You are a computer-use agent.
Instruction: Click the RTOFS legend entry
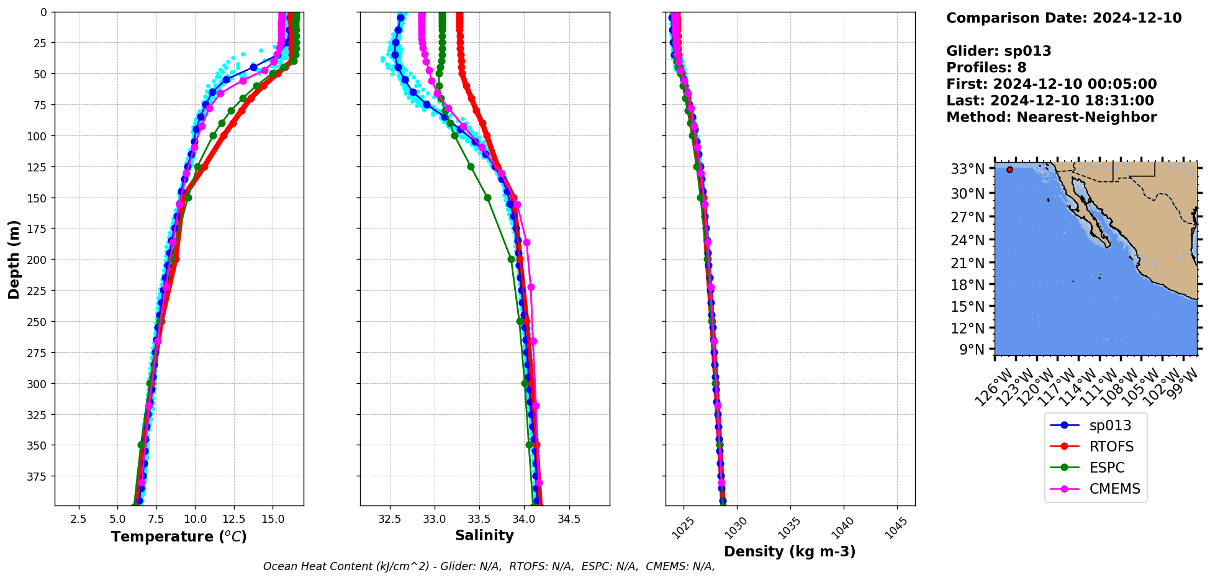coord(1111,446)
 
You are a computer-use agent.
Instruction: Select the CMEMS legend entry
coord(1114,489)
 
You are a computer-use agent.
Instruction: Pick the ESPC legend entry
coord(1106,468)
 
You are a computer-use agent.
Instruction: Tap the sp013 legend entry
coord(1110,425)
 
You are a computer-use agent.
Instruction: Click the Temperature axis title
coord(179,537)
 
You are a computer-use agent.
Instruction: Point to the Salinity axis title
coord(484,536)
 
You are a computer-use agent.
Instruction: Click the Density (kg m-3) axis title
coord(790,551)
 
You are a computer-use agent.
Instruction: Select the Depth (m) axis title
coord(14,259)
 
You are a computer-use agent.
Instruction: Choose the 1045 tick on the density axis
coord(896,528)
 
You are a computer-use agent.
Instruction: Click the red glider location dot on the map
coord(1009,170)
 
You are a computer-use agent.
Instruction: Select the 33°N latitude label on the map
coord(967,169)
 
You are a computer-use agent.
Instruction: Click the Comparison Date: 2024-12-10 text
coord(1063,18)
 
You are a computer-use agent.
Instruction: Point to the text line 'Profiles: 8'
coord(986,68)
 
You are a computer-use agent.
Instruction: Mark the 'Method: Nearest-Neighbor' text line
coord(1051,117)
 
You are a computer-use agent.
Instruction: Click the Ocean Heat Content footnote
coord(489,566)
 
